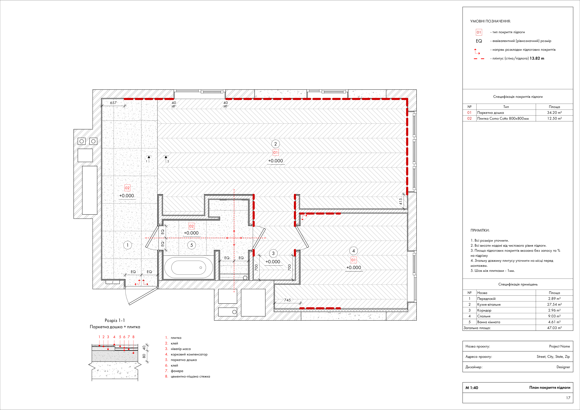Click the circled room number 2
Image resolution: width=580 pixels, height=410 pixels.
pyautogui.click(x=275, y=144)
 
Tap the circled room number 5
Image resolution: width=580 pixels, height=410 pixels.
pyautogui.click(x=191, y=245)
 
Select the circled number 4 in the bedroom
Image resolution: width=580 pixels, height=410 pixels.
pyautogui.click(x=353, y=251)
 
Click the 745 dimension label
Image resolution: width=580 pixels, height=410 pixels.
pyautogui.click(x=287, y=300)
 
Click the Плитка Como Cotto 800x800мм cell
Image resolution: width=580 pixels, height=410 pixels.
pyautogui.click(x=503, y=118)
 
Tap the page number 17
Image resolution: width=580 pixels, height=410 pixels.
pyautogui.click(x=568, y=398)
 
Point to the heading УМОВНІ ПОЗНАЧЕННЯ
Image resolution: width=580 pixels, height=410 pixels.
pyautogui.click(x=490, y=21)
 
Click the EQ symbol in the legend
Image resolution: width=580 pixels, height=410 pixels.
pyautogui.click(x=479, y=41)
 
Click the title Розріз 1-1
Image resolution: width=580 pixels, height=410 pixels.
pyautogui.click(x=115, y=320)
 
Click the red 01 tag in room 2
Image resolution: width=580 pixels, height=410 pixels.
pyautogui.click(x=275, y=152)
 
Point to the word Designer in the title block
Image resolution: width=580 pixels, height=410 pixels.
pyautogui.click(x=563, y=367)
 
